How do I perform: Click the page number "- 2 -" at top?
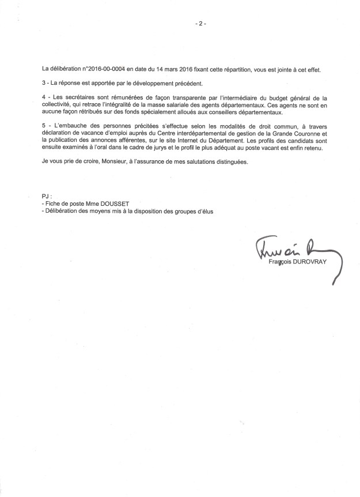(x=200, y=24)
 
